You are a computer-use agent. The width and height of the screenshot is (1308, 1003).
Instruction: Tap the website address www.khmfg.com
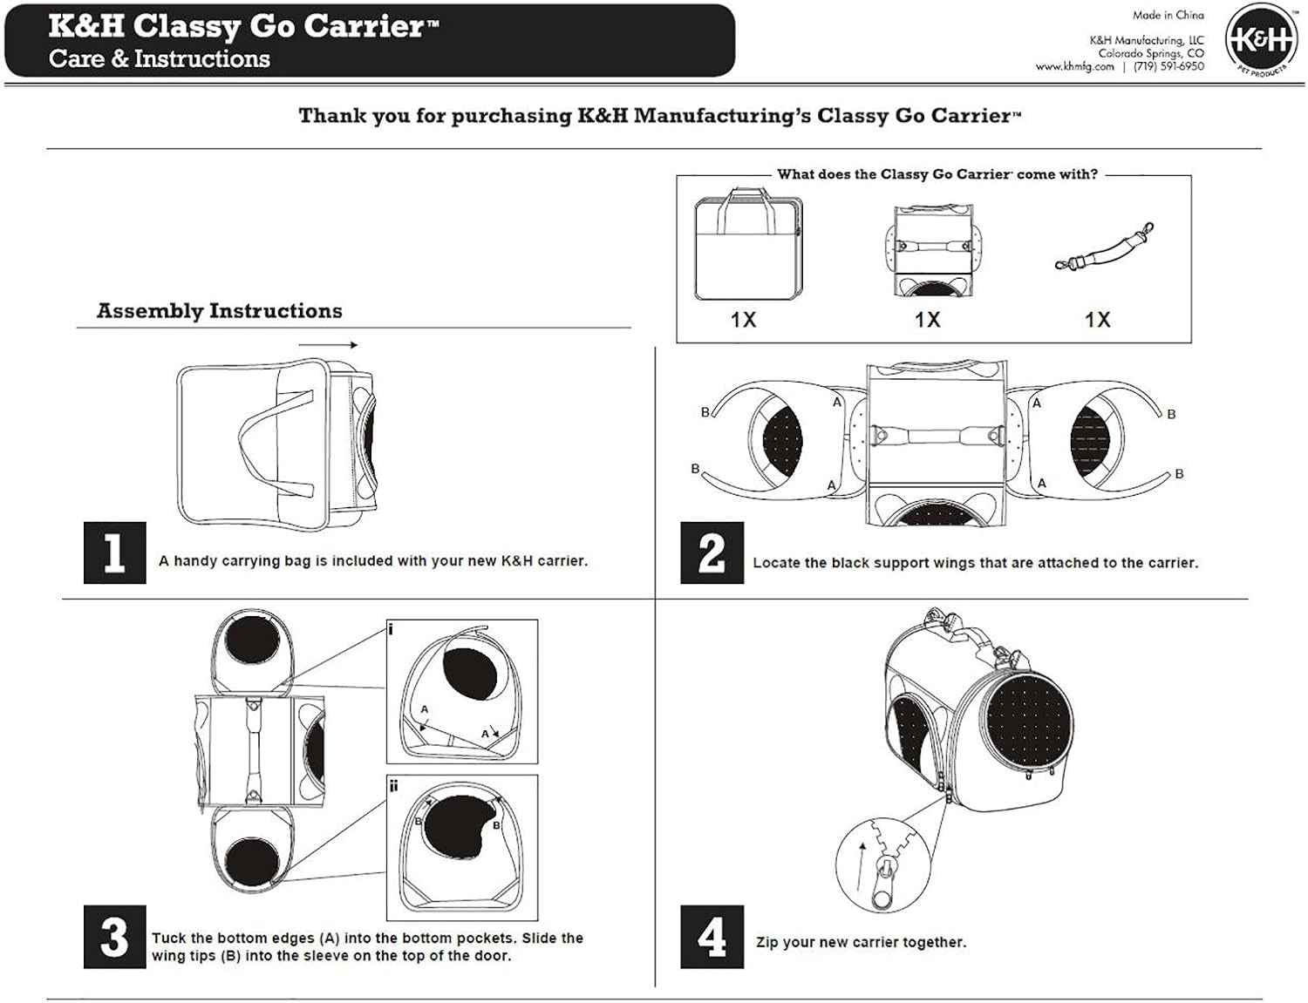click(x=1074, y=66)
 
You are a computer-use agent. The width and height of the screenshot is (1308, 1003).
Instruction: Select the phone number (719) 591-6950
click(x=1168, y=66)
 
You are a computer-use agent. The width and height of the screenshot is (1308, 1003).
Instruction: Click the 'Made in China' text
click(x=1168, y=15)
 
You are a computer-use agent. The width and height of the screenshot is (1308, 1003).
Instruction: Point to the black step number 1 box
click(x=114, y=552)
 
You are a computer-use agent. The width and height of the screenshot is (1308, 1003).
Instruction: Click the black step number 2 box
click(x=712, y=552)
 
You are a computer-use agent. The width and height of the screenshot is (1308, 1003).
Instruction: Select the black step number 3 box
click(x=114, y=937)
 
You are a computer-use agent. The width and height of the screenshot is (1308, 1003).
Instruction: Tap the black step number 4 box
click(x=712, y=937)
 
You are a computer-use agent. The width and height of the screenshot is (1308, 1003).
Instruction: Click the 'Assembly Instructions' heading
click(x=219, y=311)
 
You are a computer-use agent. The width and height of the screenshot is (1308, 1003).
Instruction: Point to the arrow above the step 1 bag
click(x=328, y=345)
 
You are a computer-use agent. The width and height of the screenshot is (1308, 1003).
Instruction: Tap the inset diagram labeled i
click(x=462, y=691)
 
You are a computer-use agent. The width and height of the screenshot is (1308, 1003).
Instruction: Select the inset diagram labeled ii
click(x=462, y=846)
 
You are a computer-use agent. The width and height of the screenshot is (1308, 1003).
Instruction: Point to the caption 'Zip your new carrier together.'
click(x=861, y=942)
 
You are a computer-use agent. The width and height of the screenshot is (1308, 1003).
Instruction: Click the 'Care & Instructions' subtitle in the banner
click(x=160, y=59)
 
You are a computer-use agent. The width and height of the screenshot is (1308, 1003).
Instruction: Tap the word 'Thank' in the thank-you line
click(x=329, y=116)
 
